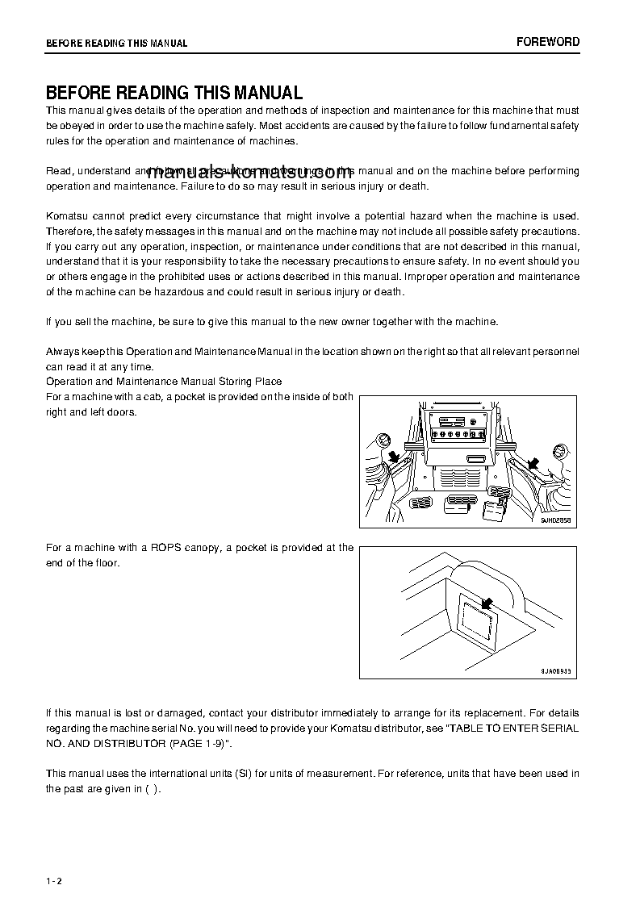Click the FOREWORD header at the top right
[x=548, y=42]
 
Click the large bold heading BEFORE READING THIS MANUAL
[x=174, y=93]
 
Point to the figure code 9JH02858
[x=555, y=521]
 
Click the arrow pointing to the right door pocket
[x=533, y=461]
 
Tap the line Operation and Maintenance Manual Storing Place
[x=164, y=381]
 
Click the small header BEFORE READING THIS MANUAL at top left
[x=116, y=44]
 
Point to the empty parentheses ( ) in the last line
[x=152, y=789]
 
